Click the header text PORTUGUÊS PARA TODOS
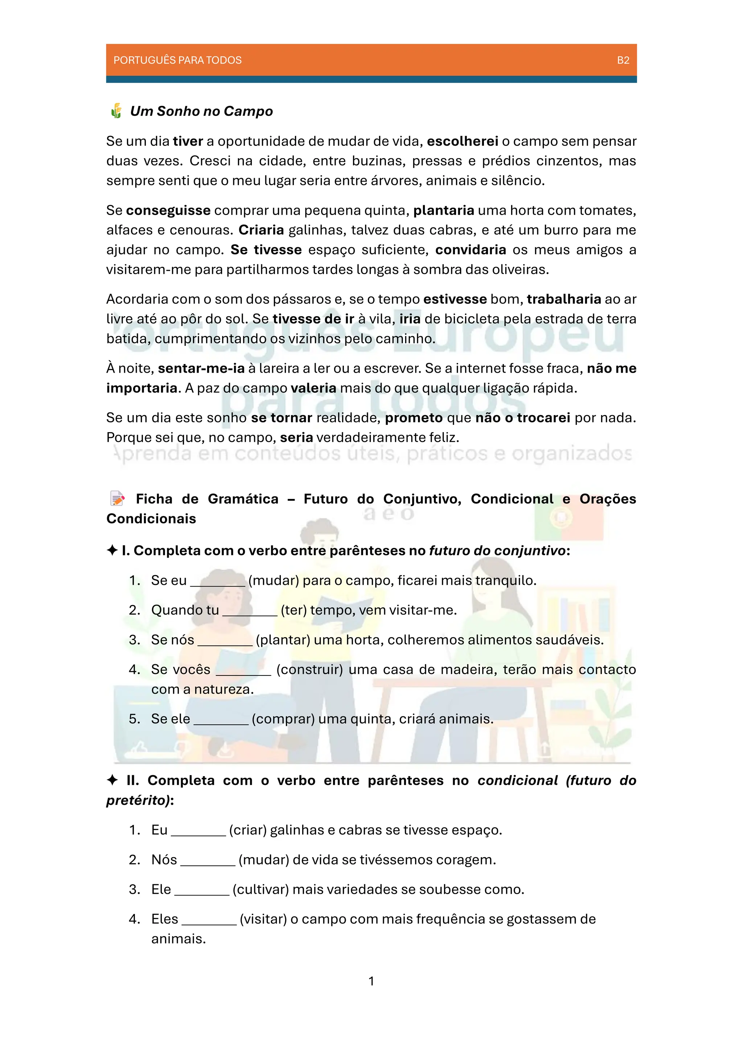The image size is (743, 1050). [x=177, y=60]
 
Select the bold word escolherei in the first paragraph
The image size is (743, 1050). [x=463, y=141]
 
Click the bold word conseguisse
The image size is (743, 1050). [x=168, y=210]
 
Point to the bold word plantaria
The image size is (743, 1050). [x=443, y=210]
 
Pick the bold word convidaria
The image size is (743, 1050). [x=470, y=250]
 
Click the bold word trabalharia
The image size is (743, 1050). [x=564, y=299]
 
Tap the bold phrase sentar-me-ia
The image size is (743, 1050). [x=201, y=368]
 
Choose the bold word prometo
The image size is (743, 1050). [x=414, y=418]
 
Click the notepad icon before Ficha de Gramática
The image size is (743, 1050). [x=117, y=499]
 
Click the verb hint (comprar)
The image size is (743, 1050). [x=283, y=719]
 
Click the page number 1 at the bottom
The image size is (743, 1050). [x=371, y=981]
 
